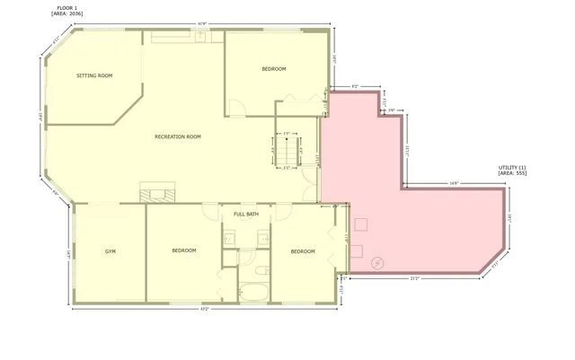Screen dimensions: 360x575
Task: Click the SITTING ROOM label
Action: (x=94, y=76)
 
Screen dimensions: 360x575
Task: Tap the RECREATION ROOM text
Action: (x=178, y=136)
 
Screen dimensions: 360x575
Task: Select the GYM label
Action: (x=111, y=250)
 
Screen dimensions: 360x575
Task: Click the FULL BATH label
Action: (x=246, y=215)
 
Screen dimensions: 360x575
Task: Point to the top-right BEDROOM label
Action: (x=274, y=69)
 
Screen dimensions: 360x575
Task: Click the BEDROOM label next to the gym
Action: (x=184, y=250)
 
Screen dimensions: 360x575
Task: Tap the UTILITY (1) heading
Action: (x=512, y=168)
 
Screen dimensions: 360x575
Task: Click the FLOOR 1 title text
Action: (x=68, y=7)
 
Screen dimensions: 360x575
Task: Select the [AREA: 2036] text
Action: (x=68, y=13)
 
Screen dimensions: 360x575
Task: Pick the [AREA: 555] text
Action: (x=512, y=173)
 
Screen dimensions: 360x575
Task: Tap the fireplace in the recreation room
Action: (x=158, y=190)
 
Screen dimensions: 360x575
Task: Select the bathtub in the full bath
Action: (x=253, y=292)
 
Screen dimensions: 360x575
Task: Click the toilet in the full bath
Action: (x=261, y=270)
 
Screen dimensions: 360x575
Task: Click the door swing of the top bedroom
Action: (x=235, y=108)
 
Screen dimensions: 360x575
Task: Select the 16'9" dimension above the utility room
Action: (x=455, y=184)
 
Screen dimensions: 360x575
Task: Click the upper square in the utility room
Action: (x=362, y=224)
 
